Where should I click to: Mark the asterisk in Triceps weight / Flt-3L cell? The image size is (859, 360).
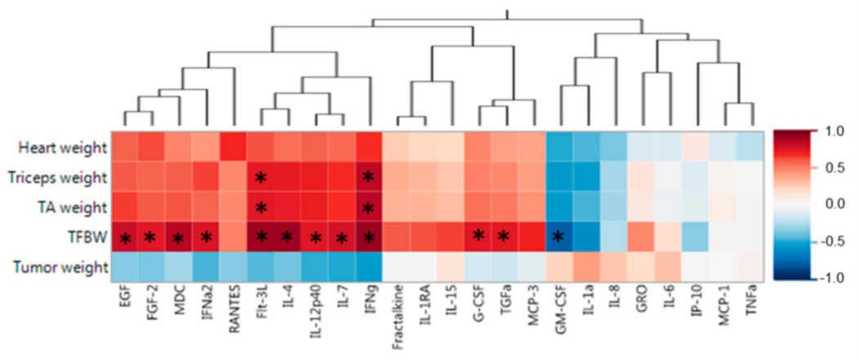click(260, 178)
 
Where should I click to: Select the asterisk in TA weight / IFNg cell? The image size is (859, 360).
click(368, 208)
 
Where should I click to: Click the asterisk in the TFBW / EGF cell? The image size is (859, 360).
click(125, 238)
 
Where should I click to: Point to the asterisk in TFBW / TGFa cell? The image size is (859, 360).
click(505, 238)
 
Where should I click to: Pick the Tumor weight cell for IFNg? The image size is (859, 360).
click(368, 267)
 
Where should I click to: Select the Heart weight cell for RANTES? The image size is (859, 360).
click(234, 148)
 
